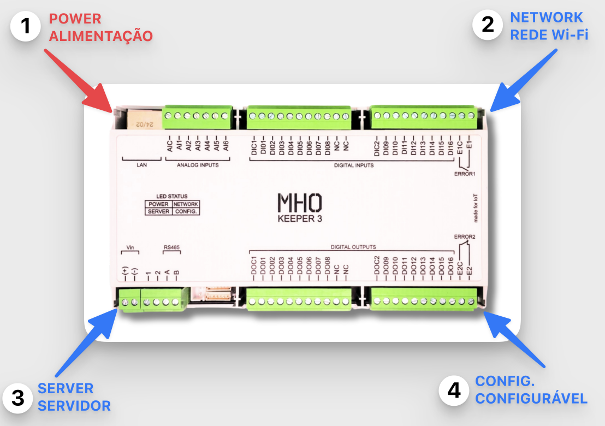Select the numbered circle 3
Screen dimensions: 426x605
coord(18,398)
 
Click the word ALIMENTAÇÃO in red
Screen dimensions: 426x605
coord(101,37)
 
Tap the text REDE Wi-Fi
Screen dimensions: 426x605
coord(549,35)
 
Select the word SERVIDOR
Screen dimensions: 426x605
coord(74,406)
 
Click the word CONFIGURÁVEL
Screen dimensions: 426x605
coord(531,398)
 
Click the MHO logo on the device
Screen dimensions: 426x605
coord(299,204)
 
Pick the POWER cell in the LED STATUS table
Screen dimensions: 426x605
coord(159,204)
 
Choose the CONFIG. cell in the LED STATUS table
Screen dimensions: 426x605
coord(186,211)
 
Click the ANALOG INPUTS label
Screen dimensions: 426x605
coord(198,164)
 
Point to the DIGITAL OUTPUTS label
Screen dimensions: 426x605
coord(353,247)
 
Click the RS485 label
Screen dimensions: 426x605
coord(172,247)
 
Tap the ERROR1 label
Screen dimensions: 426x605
coord(465,174)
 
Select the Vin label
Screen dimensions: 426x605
coord(130,247)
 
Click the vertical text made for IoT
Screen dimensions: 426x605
coord(476,207)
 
